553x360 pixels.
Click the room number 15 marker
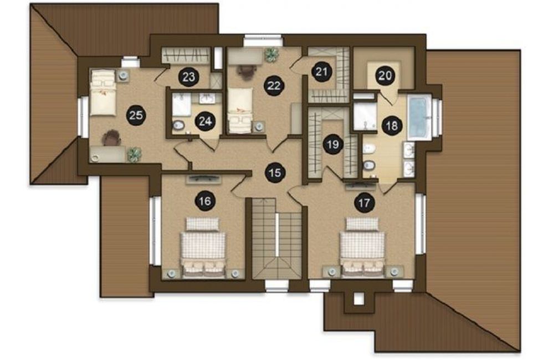(x=275, y=172)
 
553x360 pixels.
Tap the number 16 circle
(x=205, y=201)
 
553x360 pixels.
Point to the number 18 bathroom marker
(x=392, y=126)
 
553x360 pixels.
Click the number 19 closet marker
(x=333, y=144)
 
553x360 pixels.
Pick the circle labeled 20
(x=385, y=75)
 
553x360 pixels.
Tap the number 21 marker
(x=321, y=72)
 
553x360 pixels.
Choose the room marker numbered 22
(x=274, y=85)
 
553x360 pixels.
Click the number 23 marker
(x=189, y=76)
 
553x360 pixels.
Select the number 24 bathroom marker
(x=205, y=121)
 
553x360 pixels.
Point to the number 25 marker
(x=136, y=115)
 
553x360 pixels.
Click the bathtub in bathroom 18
(x=419, y=117)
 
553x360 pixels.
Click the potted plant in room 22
(x=272, y=54)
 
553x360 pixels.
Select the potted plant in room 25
(x=134, y=154)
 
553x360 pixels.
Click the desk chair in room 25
(x=111, y=138)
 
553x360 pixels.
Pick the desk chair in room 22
(x=247, y=71)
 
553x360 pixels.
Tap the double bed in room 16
(x=203, y=248)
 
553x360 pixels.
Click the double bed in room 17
(x=362, y=247)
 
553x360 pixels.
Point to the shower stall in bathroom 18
(x=365, y=115)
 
